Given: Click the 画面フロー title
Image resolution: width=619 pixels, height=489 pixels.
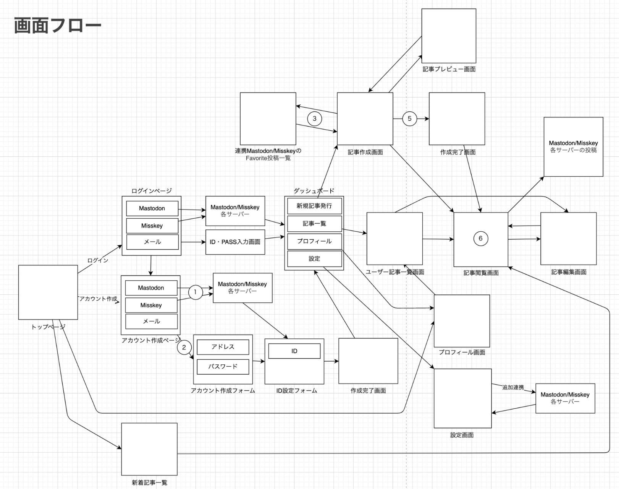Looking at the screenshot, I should pyautogui.click(x=58, y=26).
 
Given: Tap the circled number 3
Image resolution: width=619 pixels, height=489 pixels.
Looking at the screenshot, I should pyautogui.click(x=314, y=119).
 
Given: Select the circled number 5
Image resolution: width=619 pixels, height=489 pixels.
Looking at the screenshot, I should pyautogui.click(x=409, y=119).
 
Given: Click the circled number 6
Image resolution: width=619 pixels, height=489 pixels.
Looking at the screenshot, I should pyautogui.click(x=480, y=238).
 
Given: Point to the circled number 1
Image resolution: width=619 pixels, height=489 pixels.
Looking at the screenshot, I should pyautogui.click(x=195, y=292).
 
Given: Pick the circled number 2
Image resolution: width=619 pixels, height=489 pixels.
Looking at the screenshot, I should pyautogui.click(x=184, y=347).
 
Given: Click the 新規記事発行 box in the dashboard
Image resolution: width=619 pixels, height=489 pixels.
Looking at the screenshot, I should pyautogui.click(x=314, y=206).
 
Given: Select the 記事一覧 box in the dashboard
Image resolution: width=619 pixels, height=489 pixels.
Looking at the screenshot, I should pyautogui.click(x=314, y=224).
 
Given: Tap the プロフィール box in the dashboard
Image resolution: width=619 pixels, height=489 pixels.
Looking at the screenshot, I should pyautogui.click(x=314, y=241).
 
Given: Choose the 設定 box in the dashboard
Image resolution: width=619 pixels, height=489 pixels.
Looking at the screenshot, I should pyautogui.click(x=314, y=259).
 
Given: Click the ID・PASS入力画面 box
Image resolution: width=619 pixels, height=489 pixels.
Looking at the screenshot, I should pyautogui.click(x=235, y=242).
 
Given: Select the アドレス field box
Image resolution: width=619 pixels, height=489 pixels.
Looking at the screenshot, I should pyautogui.click(x=223, y=347).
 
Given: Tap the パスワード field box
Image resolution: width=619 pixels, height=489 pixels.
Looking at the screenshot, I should pyautogui.click(x=223, y=367).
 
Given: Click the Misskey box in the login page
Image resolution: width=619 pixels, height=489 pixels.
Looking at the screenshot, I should pyautogui.click(x=152, y=226).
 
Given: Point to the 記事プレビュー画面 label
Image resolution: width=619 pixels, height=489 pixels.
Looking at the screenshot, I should pyautogui.click(x=449, y=69).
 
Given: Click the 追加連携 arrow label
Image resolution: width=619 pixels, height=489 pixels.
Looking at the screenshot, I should pyautogui.click(x=513, y=387).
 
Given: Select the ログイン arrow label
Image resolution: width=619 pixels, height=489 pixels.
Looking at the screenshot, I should pyautogui.click(x=98, y=260).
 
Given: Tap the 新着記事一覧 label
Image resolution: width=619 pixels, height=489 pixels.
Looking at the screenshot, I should pyautogui.click(x=149, y=483).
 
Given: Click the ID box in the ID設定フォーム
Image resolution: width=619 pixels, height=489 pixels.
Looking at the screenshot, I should pyautogui.click(x=294, y=351).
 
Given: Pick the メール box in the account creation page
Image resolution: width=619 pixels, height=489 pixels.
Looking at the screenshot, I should pyautogui.click(x=151, y=321).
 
